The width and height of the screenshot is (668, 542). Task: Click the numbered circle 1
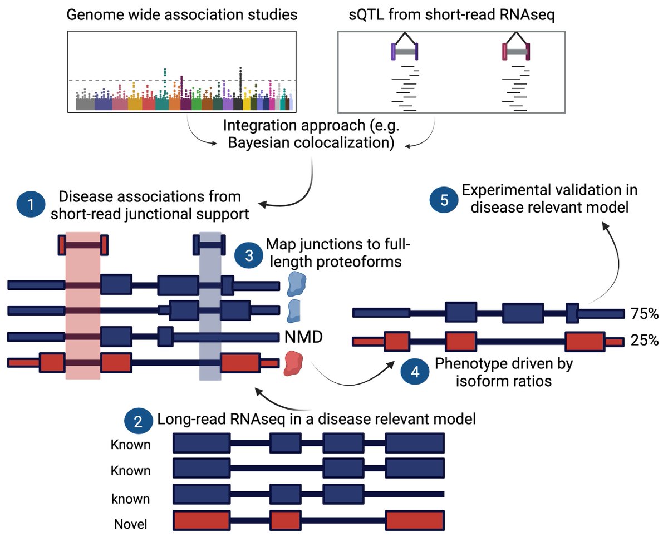pyautogui.click(x=31, y=205)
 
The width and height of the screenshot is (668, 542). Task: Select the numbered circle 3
pyautogui.click(x=249, y=254)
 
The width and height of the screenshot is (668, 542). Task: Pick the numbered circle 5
pyautogui.click(x=444, y=200)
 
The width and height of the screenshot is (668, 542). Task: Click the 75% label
pyautogui.click(x=644, y=314)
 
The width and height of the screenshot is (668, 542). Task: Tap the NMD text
pyautogui.click(x=303, y=337)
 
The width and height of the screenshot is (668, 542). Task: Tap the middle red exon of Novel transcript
pyautogui.click(x=285, y=521)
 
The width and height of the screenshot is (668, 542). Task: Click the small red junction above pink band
pyautogui.click(x=83, y=244)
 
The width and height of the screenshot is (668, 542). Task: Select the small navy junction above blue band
pyautogui.click(x=209, y=244)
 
